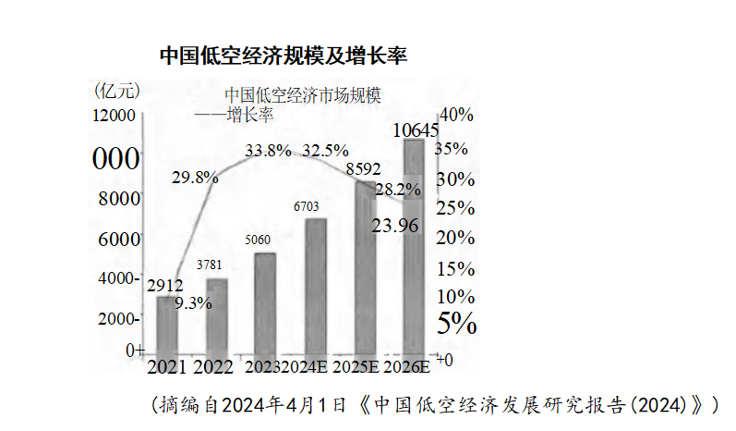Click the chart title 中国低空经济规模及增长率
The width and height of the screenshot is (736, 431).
pyautogui.click(x=284, y=55)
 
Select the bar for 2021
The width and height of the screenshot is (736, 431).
pyautogui.click(x=167, y=324)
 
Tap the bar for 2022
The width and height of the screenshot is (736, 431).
pyautogui.click(x=216, y=314)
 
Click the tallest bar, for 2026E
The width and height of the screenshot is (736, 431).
pyautogui.click(x=414, y=250)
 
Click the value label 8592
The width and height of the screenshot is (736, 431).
pyautogui.click(x=363, y=170)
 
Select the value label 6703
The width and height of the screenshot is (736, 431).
pyautogui.click(x=309, y=205)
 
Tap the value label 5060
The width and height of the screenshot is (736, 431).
pyautogui.click(x=258, y=240)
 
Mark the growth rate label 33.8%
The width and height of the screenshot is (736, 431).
pyautogui.click(x=268, y=150)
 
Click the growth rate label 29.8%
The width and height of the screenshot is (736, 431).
pyautogui.click(x=196, y=177)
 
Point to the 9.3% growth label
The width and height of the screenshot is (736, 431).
pyautogui.click(x=193, y=302)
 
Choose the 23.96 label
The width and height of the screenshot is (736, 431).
pyautogui.click(x=396, y=225)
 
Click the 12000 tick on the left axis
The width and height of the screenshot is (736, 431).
pyautogui.click(x=113, y=115)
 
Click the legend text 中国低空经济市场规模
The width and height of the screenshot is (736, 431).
pyautogui.click(x=303, y=95)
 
